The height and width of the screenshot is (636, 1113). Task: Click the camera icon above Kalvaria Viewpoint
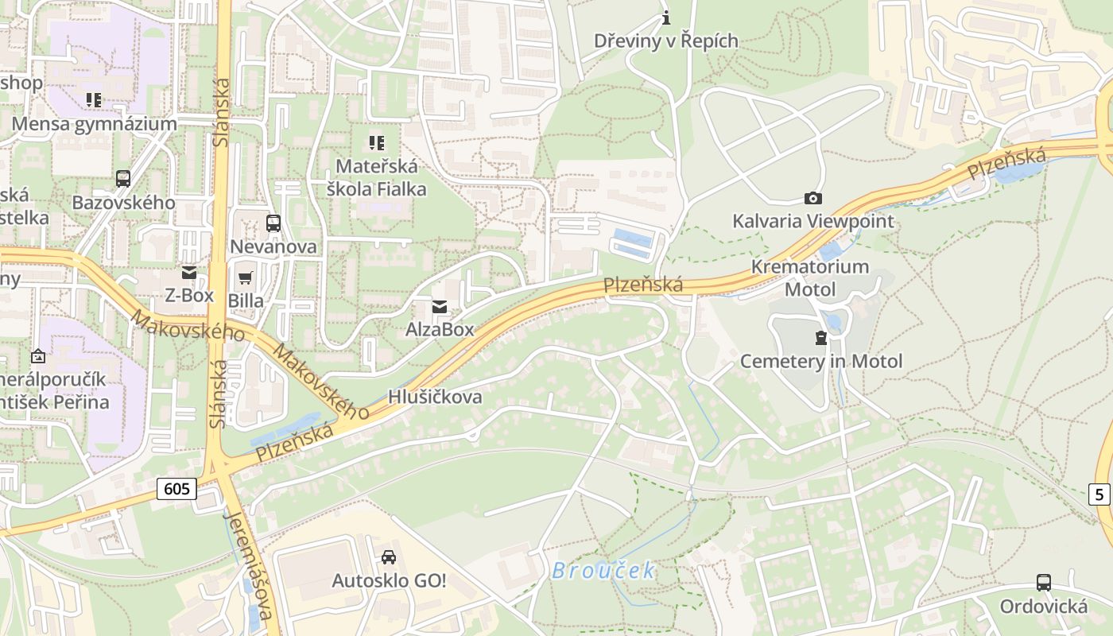pos(812,199)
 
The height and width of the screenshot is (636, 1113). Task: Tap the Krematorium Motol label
pos(810,277)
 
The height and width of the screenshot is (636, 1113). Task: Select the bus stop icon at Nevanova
pos(273,223)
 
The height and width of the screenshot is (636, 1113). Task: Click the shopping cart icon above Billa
pos(246,278)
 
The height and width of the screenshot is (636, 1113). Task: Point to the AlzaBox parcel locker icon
pos(439,308)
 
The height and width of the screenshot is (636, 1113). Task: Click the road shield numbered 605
pos(176,487)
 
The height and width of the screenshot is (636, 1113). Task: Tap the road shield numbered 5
pos(1099,494)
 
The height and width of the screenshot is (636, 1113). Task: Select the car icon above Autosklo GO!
pos(389,557)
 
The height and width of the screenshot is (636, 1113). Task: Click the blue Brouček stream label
pos(604,570)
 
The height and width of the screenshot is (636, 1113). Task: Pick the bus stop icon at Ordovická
pos(1044,583)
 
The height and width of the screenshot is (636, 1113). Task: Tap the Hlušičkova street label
pos(435,397)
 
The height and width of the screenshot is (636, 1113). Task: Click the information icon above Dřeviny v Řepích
pos(666,17)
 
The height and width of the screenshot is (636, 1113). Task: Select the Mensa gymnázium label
pos(94,124)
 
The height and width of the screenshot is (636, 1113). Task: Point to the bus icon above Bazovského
pos(123,179)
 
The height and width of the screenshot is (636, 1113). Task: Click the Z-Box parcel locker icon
pos(188,273)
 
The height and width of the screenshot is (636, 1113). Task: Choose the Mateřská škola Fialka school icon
pos(377,143)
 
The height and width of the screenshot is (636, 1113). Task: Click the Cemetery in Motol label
pos(821,361)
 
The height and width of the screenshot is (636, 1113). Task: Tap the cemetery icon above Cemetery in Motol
pos(821,339)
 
